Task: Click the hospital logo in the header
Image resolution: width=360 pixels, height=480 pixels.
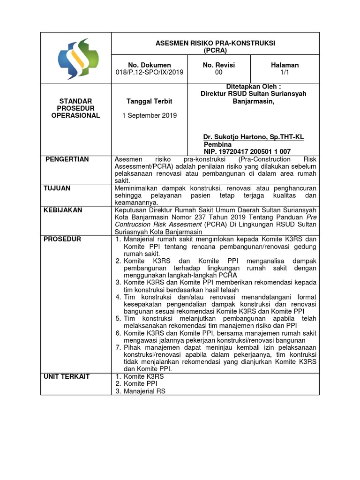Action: coord(75,58)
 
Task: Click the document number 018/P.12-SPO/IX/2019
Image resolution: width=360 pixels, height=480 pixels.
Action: coord(150,73)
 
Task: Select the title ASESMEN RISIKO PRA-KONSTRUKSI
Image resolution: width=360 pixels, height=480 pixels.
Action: coord(215,43)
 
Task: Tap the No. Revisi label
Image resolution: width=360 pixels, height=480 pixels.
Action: coord(219,65)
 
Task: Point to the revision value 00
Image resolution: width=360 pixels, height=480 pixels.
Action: coord(219,73)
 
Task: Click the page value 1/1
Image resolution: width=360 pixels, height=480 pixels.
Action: coord(285,73)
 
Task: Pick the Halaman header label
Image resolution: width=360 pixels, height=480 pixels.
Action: coord(285,65)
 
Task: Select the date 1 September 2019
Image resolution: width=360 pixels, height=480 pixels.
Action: coord(150,116)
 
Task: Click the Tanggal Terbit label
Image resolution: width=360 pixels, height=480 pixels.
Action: coord(150,101)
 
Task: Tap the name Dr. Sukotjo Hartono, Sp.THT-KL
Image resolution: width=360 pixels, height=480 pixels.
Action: coord(253,137)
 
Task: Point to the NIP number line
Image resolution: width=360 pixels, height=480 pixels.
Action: coord(247,151)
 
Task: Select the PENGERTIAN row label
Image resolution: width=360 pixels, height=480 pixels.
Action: coord(67,159)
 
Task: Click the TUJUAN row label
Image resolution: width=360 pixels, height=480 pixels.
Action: coord(57,188)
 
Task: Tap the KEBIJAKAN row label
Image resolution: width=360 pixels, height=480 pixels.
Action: coord(63,210)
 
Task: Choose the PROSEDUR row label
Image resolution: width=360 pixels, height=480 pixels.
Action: coord(62,239)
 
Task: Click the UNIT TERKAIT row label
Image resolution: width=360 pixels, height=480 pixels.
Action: coord(67,376)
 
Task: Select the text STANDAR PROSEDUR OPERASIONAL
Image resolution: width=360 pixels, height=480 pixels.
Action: coord(75,108)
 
